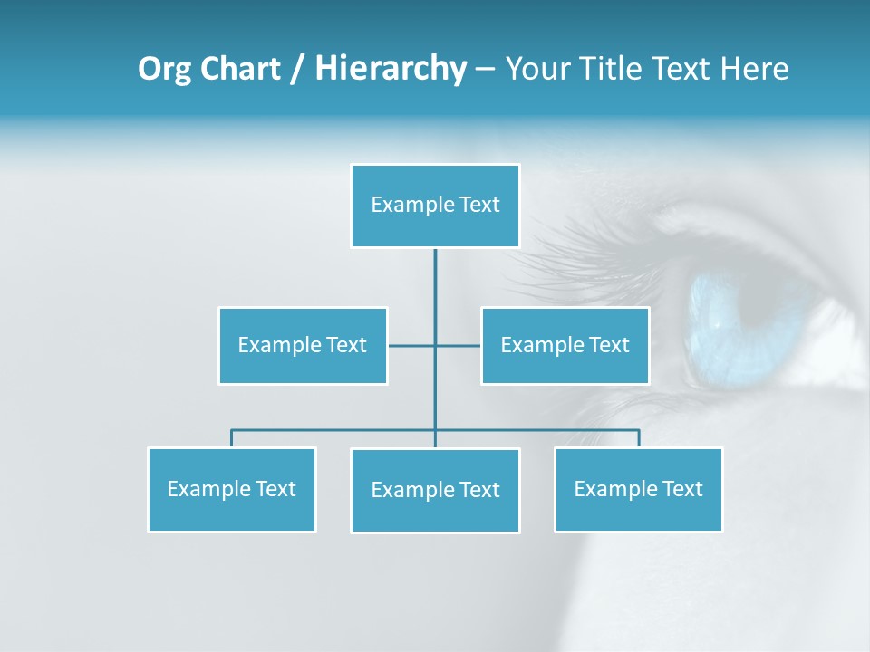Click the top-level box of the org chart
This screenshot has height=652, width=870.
tap(435, 206)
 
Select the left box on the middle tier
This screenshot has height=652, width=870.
tap(303, 345)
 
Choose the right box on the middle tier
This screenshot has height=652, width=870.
tap(565, 345)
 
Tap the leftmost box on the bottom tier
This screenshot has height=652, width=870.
tap(231, 489)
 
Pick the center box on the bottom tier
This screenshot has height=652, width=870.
tap(435, 490)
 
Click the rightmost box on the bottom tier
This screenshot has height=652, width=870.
tap(638, 489)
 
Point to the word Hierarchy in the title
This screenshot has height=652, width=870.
tap(391, 69)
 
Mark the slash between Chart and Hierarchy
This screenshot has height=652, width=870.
tap(297, 69)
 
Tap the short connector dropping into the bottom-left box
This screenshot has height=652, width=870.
tap(231, 438)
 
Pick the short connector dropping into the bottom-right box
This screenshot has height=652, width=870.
tap(639, 438)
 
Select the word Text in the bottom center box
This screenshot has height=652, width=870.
tap(479, 490)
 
